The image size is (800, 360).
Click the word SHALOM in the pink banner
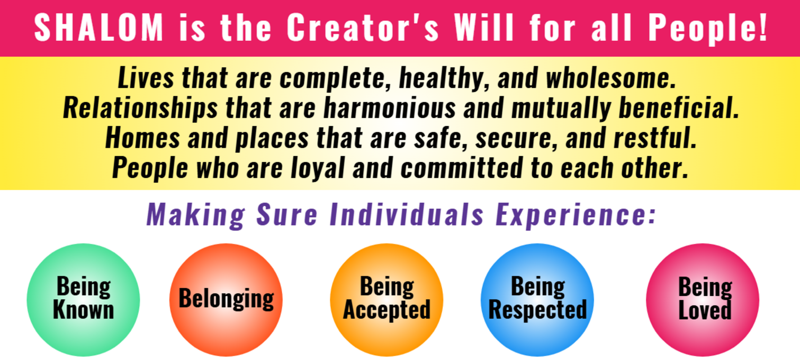coord(99,28)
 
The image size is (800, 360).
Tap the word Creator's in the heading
coord(363,28)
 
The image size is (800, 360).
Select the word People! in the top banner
coord(708,29)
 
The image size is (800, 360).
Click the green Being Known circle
coord(83,300)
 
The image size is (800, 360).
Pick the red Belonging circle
coord(226,300)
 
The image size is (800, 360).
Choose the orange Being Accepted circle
coord(386,300)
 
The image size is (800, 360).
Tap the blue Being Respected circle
coord(537,300)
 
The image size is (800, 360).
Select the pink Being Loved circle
coord(703,300)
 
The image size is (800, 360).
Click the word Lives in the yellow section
coord(146,77)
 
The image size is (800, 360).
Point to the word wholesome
coord(610,77)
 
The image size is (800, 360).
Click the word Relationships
coord(140,109)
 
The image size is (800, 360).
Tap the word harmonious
coord(390,108)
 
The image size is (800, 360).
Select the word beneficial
coord(679,108)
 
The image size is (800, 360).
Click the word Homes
coord(142,138)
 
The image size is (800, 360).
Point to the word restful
coord(655,138)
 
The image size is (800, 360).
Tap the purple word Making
coord(196,215)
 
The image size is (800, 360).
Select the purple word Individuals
coord(407,214)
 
